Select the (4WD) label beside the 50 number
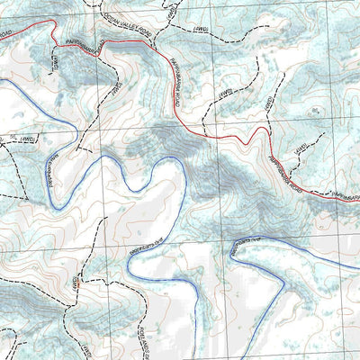click(26, 139)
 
